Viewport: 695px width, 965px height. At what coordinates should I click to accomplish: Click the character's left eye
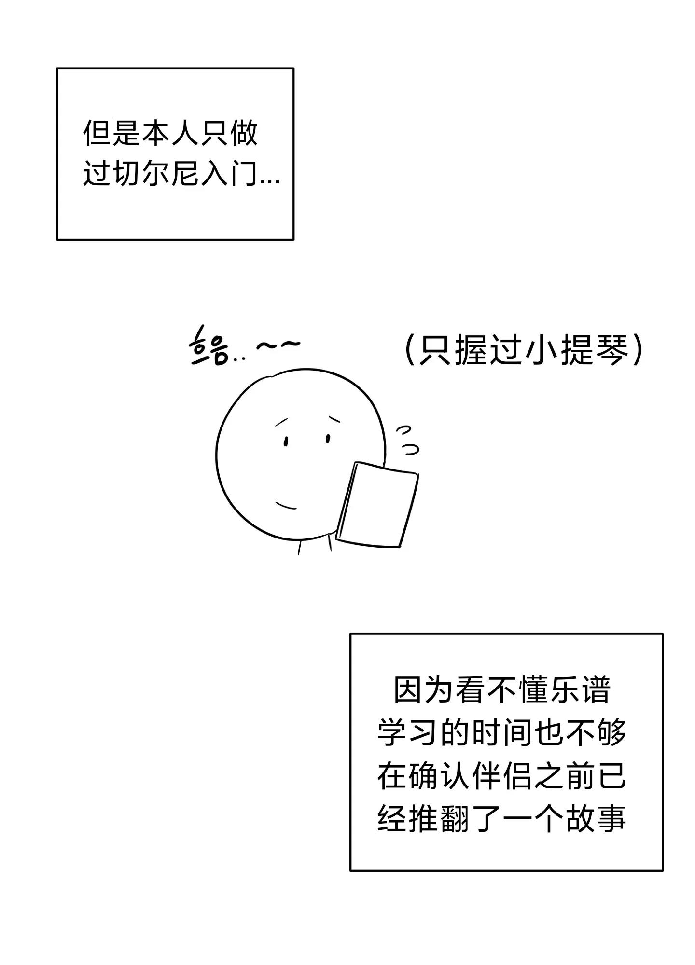(286, 441)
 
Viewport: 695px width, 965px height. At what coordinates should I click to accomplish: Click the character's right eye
(328, 439)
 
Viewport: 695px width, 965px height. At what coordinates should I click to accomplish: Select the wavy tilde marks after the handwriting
(278, 345)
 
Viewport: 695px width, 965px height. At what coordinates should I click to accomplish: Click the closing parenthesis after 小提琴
(638, 350)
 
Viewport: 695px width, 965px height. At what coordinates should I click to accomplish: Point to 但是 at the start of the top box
(112, 132)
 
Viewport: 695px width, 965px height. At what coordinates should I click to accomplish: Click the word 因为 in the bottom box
(423, 690)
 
